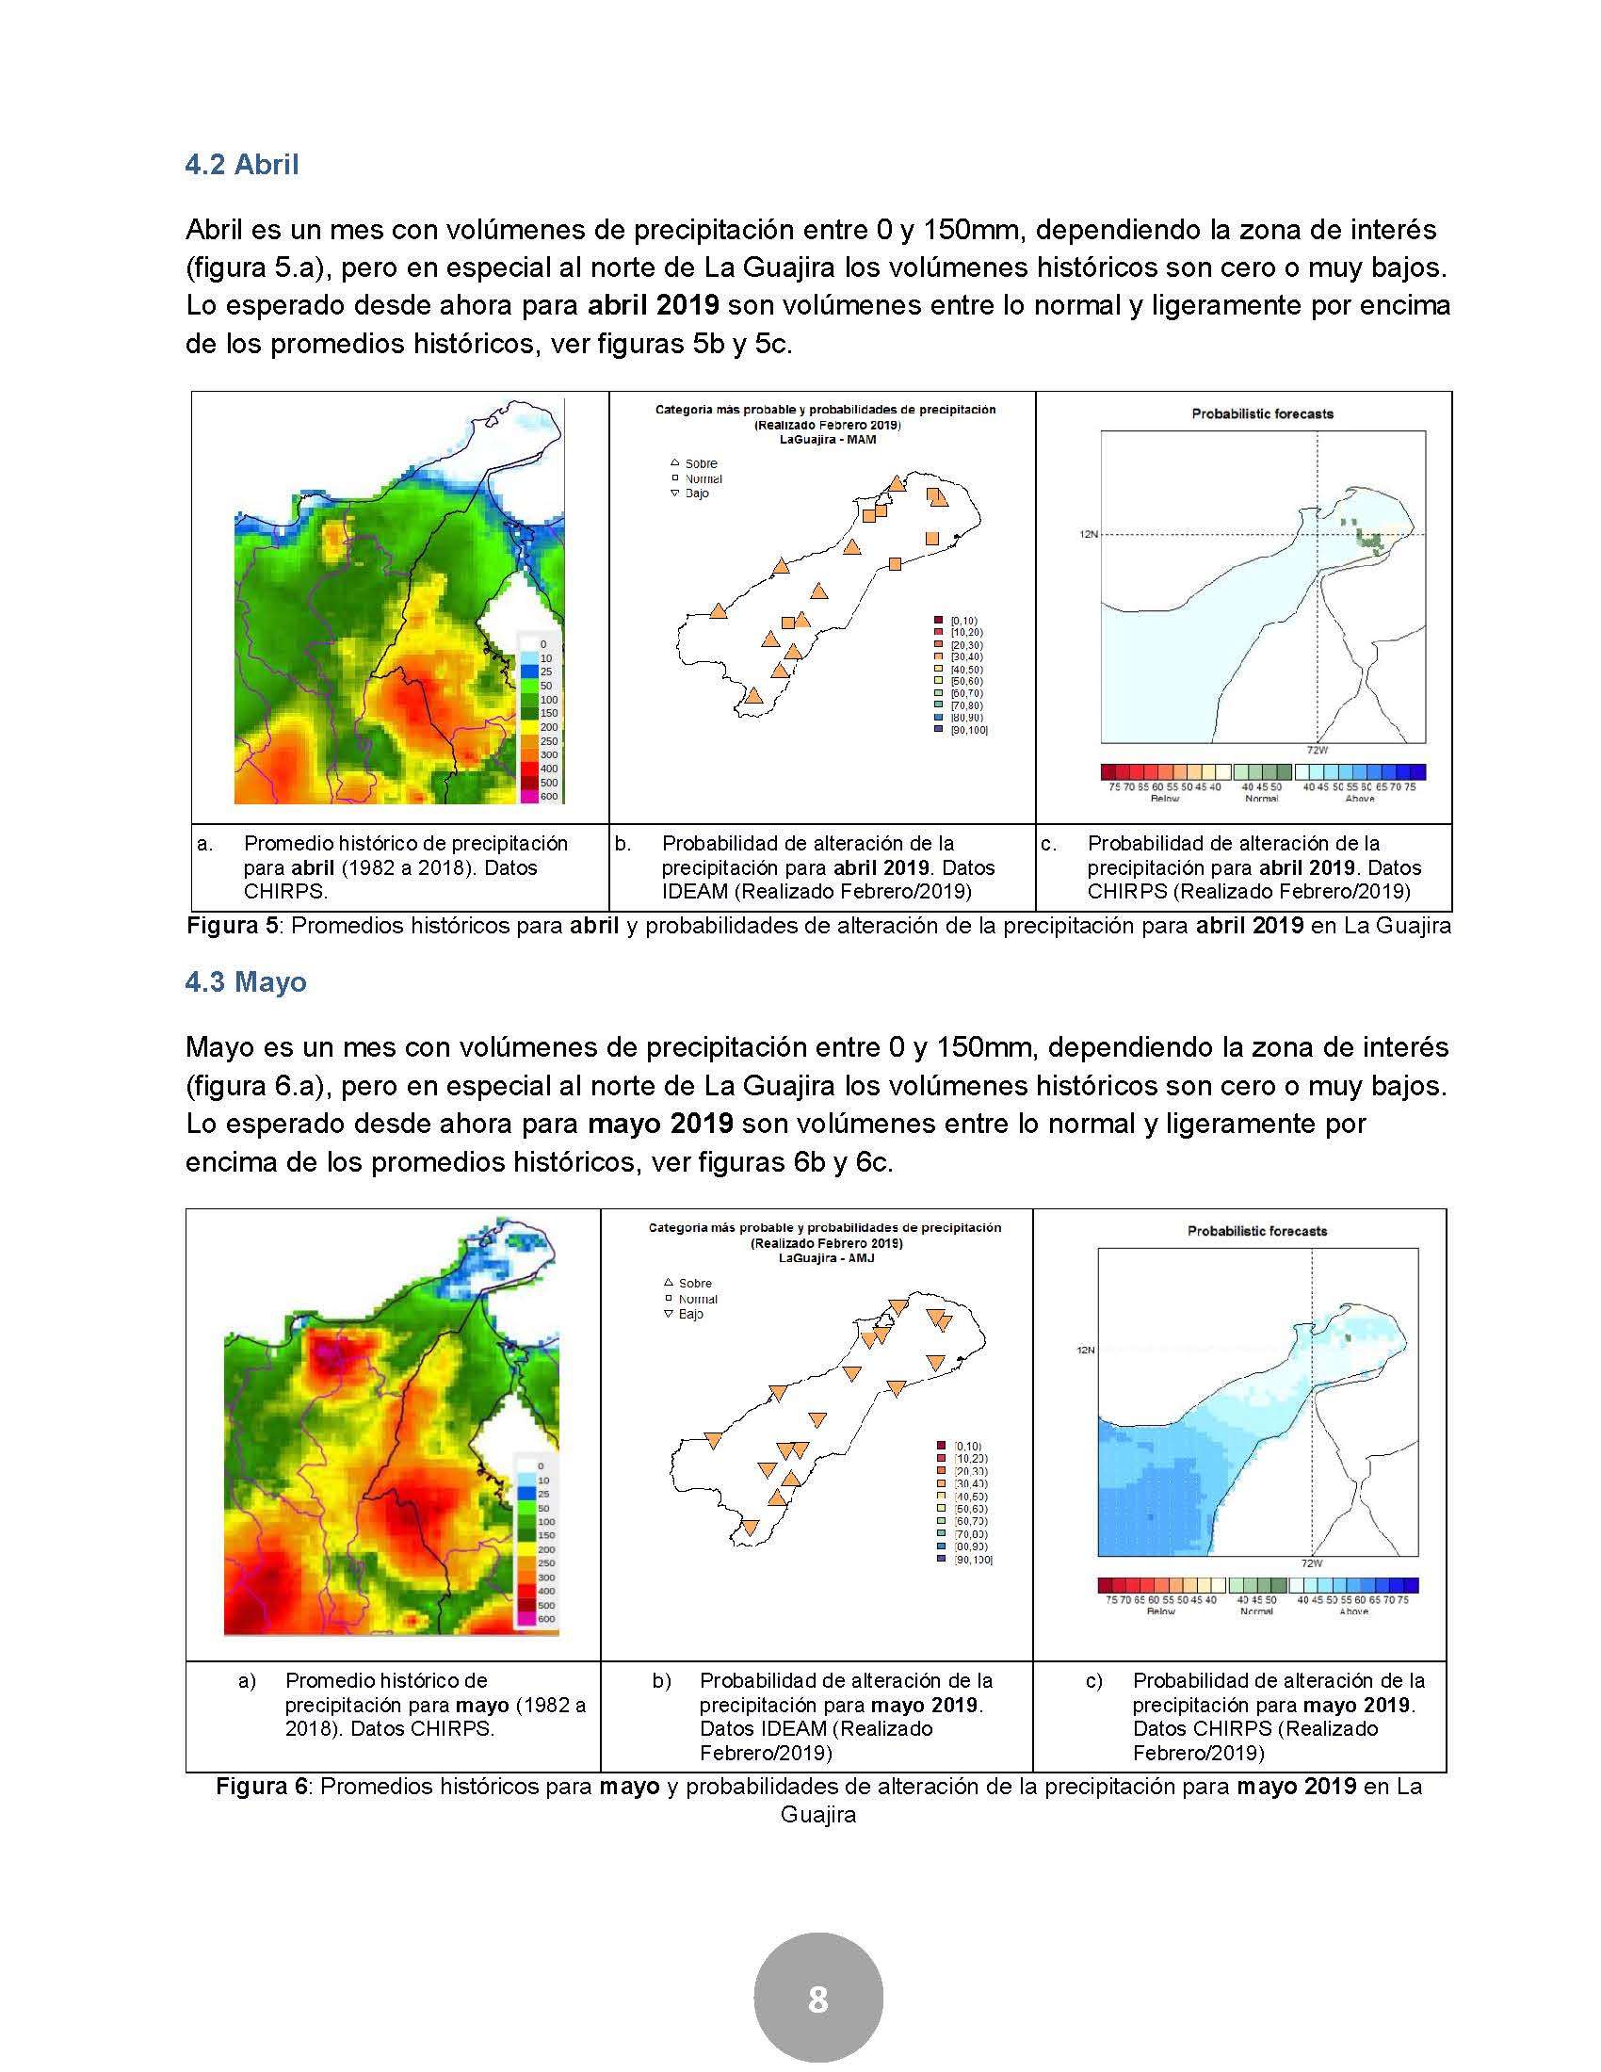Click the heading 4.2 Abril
point(242,164)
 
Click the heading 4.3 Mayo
point(246,981)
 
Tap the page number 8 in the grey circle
point(817,1999)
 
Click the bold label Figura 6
point(262,1786)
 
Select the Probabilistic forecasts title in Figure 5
point(1262,413)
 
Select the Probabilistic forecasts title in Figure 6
point(1256,1231)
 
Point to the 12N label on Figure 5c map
point(1087,534)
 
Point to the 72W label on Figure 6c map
point(1313,1562)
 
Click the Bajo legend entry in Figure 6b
point(690,1314)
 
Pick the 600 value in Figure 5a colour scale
point(548,796)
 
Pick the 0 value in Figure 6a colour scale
point(541,1465)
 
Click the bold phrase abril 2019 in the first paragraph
point(654,305)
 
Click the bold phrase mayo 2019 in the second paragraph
point(660,1124)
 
